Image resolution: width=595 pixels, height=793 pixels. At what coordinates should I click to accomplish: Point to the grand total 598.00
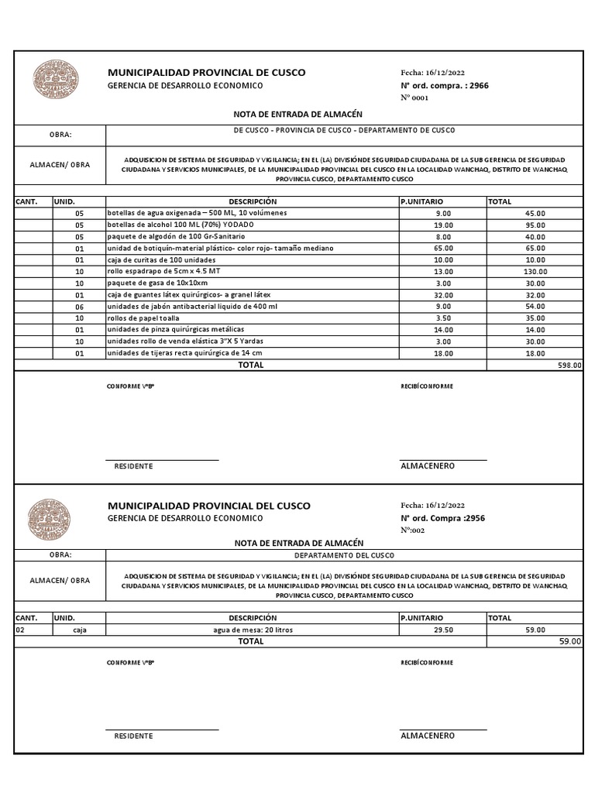(569, 365)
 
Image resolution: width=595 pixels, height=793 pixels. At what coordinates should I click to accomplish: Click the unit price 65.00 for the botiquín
(443, 249)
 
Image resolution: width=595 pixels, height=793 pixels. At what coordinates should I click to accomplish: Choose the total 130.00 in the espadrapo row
(535, 272)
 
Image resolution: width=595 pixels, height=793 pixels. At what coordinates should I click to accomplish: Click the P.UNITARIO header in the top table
(422, 201)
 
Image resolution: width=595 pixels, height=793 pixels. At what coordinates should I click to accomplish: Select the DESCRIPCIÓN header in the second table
(252, 618)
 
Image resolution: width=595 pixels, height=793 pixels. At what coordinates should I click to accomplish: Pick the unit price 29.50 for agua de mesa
(443, 630)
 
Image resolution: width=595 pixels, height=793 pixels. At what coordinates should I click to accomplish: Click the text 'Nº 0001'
(414, 98)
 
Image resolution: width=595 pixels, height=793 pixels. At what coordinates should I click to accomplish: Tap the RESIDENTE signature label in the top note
(133, 466)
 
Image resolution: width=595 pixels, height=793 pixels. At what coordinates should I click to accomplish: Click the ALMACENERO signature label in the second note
(427, 736)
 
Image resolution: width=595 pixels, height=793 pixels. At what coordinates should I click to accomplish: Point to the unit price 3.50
(443, 318)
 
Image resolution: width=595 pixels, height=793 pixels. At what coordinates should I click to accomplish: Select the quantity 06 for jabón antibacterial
(78, 307)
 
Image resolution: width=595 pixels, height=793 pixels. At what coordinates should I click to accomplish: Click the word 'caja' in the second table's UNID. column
(78, 630)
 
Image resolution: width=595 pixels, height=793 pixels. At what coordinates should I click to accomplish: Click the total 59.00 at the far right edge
(569, 642)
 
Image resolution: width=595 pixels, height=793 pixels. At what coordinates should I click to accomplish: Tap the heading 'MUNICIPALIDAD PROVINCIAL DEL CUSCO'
(208, 506)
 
